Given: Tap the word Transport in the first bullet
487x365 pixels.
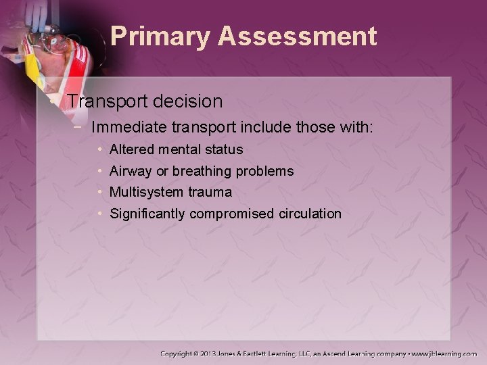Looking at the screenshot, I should tap(108, 101).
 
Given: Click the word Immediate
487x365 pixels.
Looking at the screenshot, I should tap(129, 127).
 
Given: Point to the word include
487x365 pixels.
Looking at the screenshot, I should tap(249, 127).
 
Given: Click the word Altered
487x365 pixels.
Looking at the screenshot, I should tap(130, 149).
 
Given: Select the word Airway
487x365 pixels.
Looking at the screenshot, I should tap(130, 172).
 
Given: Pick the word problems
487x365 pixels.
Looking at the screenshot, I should tap(264, 172).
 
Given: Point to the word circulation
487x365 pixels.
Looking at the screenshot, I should tap(310, 214).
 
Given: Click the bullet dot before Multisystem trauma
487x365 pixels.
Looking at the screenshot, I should tap(100, 193).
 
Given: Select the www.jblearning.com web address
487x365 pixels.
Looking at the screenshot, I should tap(444, 354).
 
